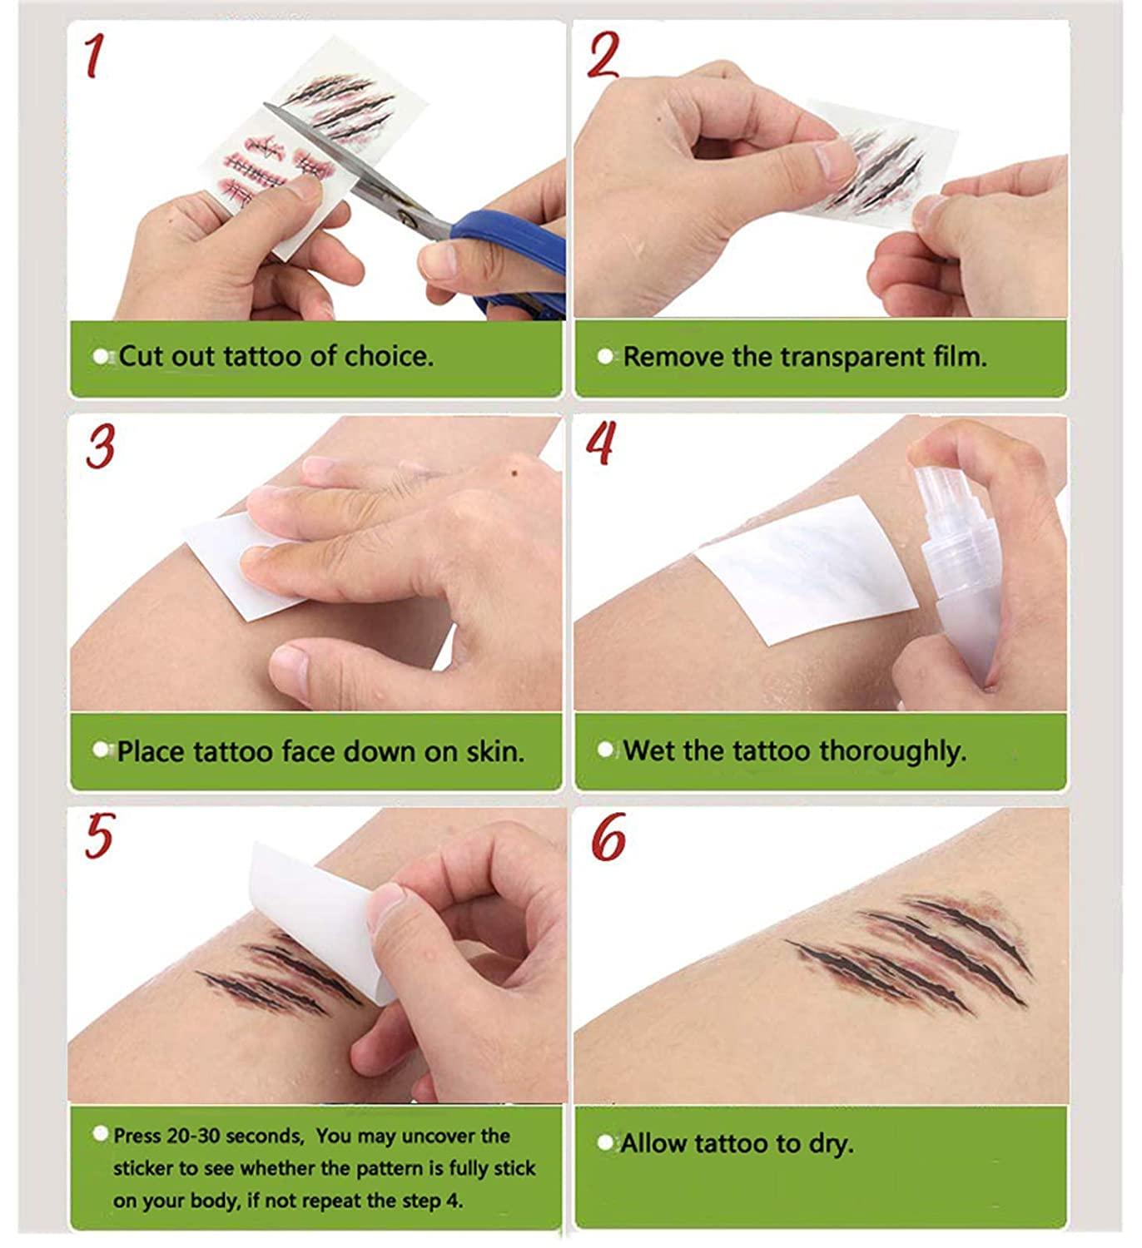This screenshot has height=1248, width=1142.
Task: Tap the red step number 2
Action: [603, 55]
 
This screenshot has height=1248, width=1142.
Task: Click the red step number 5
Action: [98, 835]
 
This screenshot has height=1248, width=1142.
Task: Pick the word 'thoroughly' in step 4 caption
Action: [891, 751]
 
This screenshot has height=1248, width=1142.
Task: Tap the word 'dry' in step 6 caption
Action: [829, 1144]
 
